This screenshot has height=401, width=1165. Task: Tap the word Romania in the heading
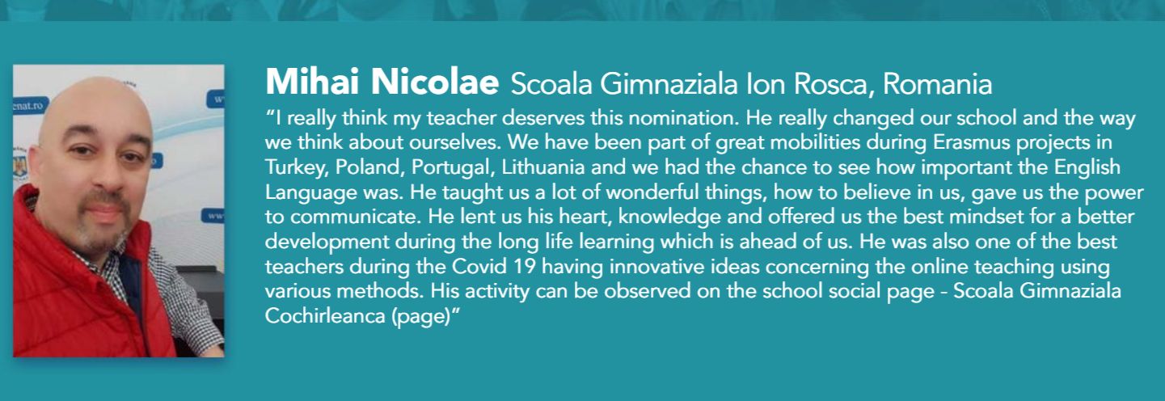point(937,84)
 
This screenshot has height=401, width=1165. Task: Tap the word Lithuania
point(543,167)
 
